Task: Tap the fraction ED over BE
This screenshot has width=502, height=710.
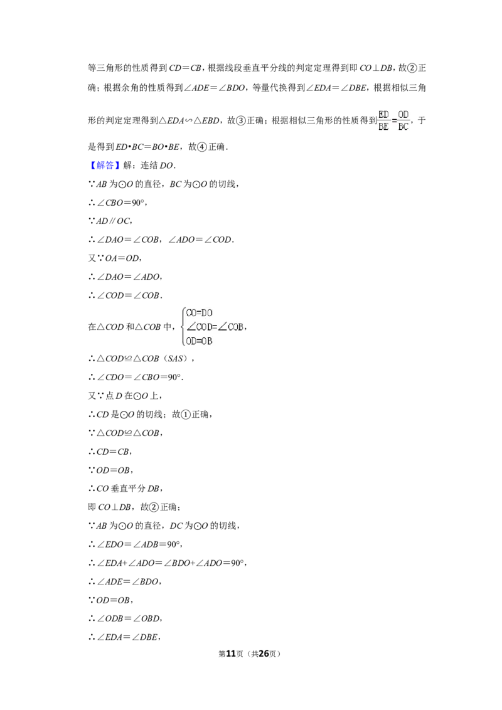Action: pyautogui.click(x=384, y=120)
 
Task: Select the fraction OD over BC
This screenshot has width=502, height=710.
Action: pyautogui.click(x=403, y=120)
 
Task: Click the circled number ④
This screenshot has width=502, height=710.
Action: pyautogui.click(x=202, y=147)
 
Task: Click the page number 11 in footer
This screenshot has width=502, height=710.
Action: pyautogui.click(x=231, y=654)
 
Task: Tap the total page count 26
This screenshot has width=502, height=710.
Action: pyautogui.click(x=264, y=654)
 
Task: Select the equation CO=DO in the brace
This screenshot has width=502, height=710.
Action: pyautogui.click(x=200, y=313)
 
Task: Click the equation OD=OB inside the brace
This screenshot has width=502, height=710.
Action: pyautogui.click(x=200, y=341)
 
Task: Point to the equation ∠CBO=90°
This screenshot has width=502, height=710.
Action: pyautogui.click(x=118, y=203)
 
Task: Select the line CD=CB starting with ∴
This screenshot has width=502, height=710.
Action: pyautogui.click(x=110, y=452)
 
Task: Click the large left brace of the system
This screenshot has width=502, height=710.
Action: pyautogui.click(x=183, y=327)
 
